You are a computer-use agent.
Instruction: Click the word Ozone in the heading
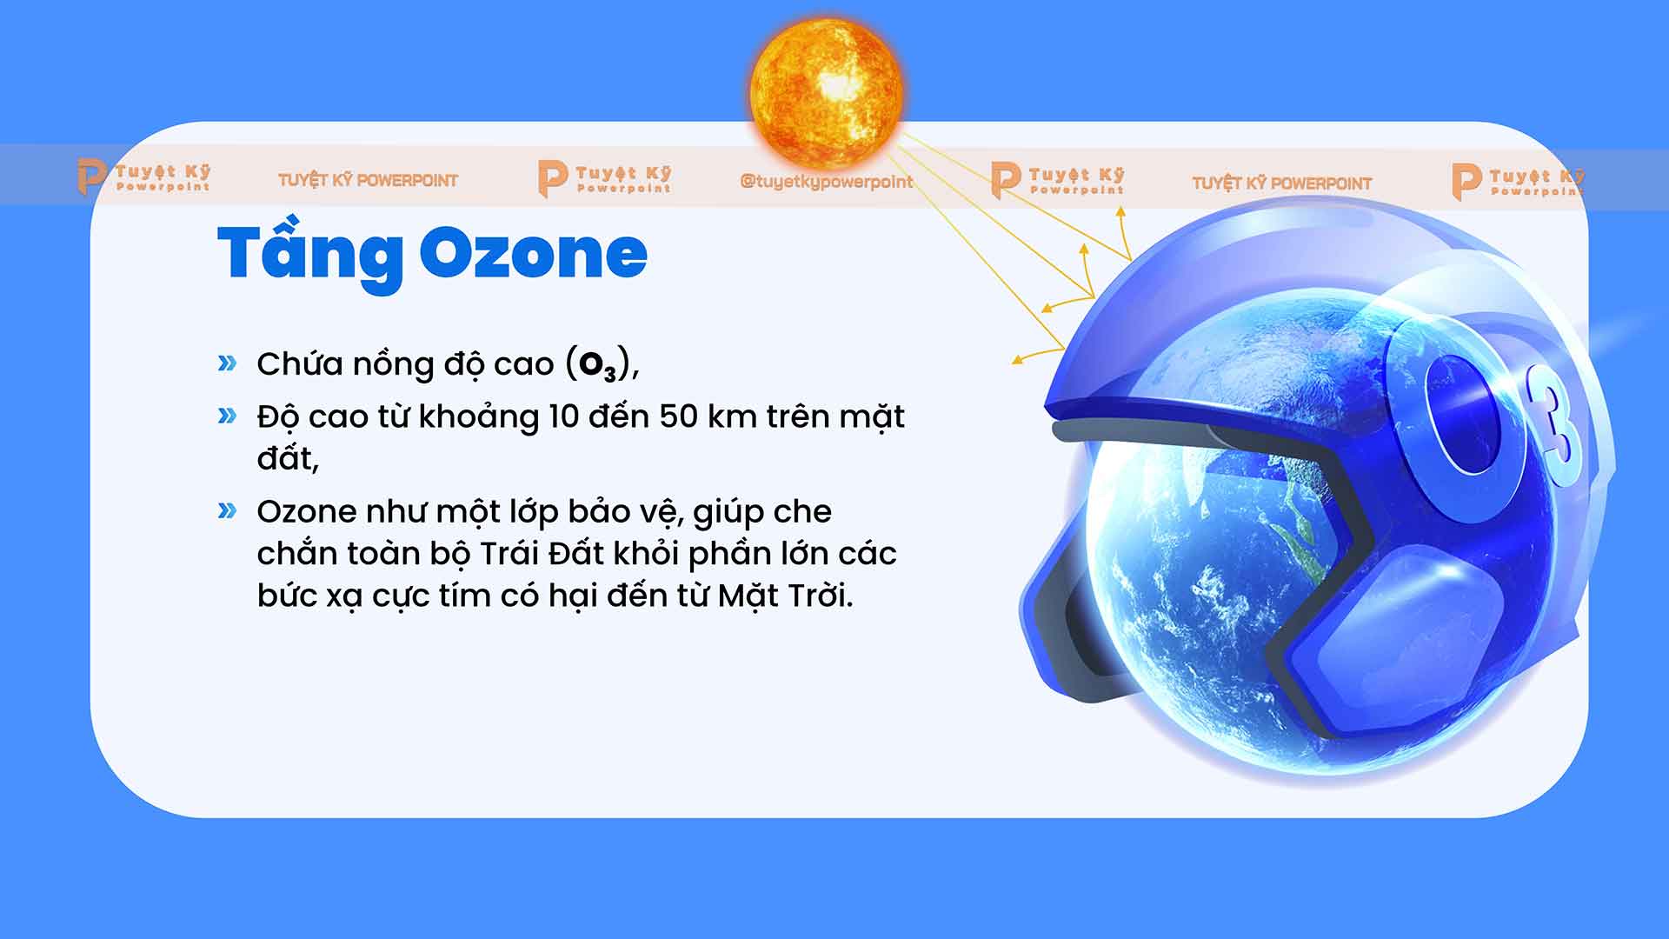[x=534, y=254]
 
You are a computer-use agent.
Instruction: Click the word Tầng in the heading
[x=310, y=253]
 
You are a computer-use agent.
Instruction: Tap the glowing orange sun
[x=826, y=92]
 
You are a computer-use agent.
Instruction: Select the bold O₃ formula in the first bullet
[x=597, y=366]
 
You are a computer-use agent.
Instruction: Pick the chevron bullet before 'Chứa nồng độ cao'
[x=227, y=363]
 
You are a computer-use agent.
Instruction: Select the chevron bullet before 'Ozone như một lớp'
[x=227, y=510]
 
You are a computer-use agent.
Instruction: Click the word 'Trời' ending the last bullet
[x=821, y=596]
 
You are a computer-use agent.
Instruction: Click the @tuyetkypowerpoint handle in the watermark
[x=826, y=182]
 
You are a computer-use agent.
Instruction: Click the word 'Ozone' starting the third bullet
[x=307, y=511]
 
